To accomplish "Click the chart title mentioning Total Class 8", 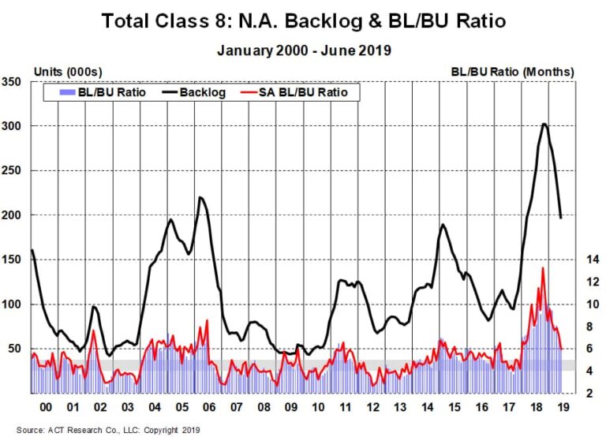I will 304,21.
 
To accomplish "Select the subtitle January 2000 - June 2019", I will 304,50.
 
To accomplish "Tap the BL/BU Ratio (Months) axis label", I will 513,72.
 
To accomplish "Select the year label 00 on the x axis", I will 45,407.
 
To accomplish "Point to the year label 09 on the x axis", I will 291,407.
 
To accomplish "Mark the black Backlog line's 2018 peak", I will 544,124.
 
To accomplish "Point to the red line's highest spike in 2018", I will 543,268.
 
